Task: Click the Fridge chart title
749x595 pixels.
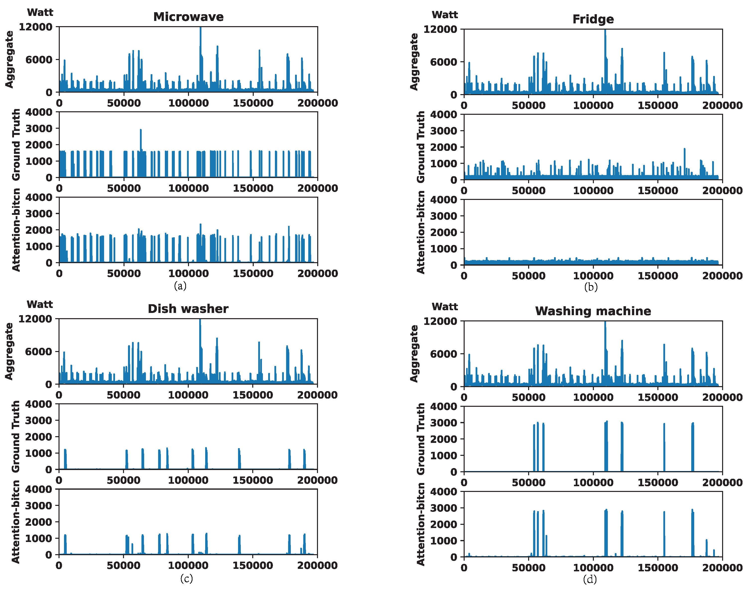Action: point(593,19)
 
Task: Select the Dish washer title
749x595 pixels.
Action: point(188,309)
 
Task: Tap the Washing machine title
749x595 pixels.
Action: point(593,311)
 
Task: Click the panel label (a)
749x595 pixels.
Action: point(180,286)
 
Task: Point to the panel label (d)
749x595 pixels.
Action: point(590,579)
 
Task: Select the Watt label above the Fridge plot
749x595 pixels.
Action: point(445,15)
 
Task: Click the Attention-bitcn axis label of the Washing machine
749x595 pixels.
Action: point(421,524)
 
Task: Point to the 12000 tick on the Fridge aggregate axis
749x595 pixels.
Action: point(440,29)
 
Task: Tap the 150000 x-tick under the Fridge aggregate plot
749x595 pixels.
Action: point(658,106)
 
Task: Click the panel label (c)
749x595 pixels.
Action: point(186,578)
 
